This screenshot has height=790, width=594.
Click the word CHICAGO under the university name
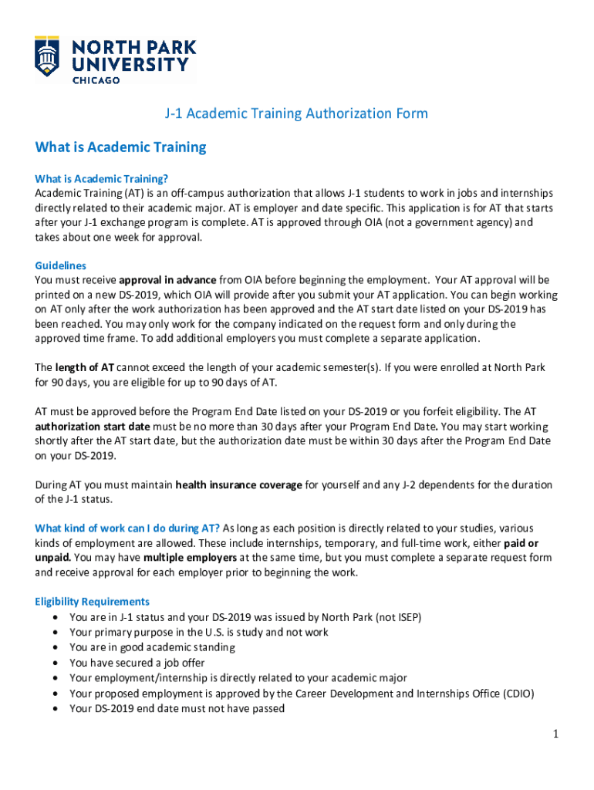(x=96, y=79)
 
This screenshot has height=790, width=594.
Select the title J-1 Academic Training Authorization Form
(x=296, y=114)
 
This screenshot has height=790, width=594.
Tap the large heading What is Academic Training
(x=121, y=147)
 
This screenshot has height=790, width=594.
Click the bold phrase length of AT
(x=85, y=367)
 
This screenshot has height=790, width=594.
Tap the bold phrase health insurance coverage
(x=238, y=485)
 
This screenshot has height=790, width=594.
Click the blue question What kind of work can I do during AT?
(x=127, y=528)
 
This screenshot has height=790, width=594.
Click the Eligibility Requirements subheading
(x=93, y=602)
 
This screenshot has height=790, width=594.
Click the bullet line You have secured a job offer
(x=137, y=663)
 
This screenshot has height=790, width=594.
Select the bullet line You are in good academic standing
(x=152, y=647)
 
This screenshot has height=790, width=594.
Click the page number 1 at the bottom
(x=554, y=734)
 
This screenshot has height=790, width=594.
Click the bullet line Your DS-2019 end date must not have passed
(x=177, y=708)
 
